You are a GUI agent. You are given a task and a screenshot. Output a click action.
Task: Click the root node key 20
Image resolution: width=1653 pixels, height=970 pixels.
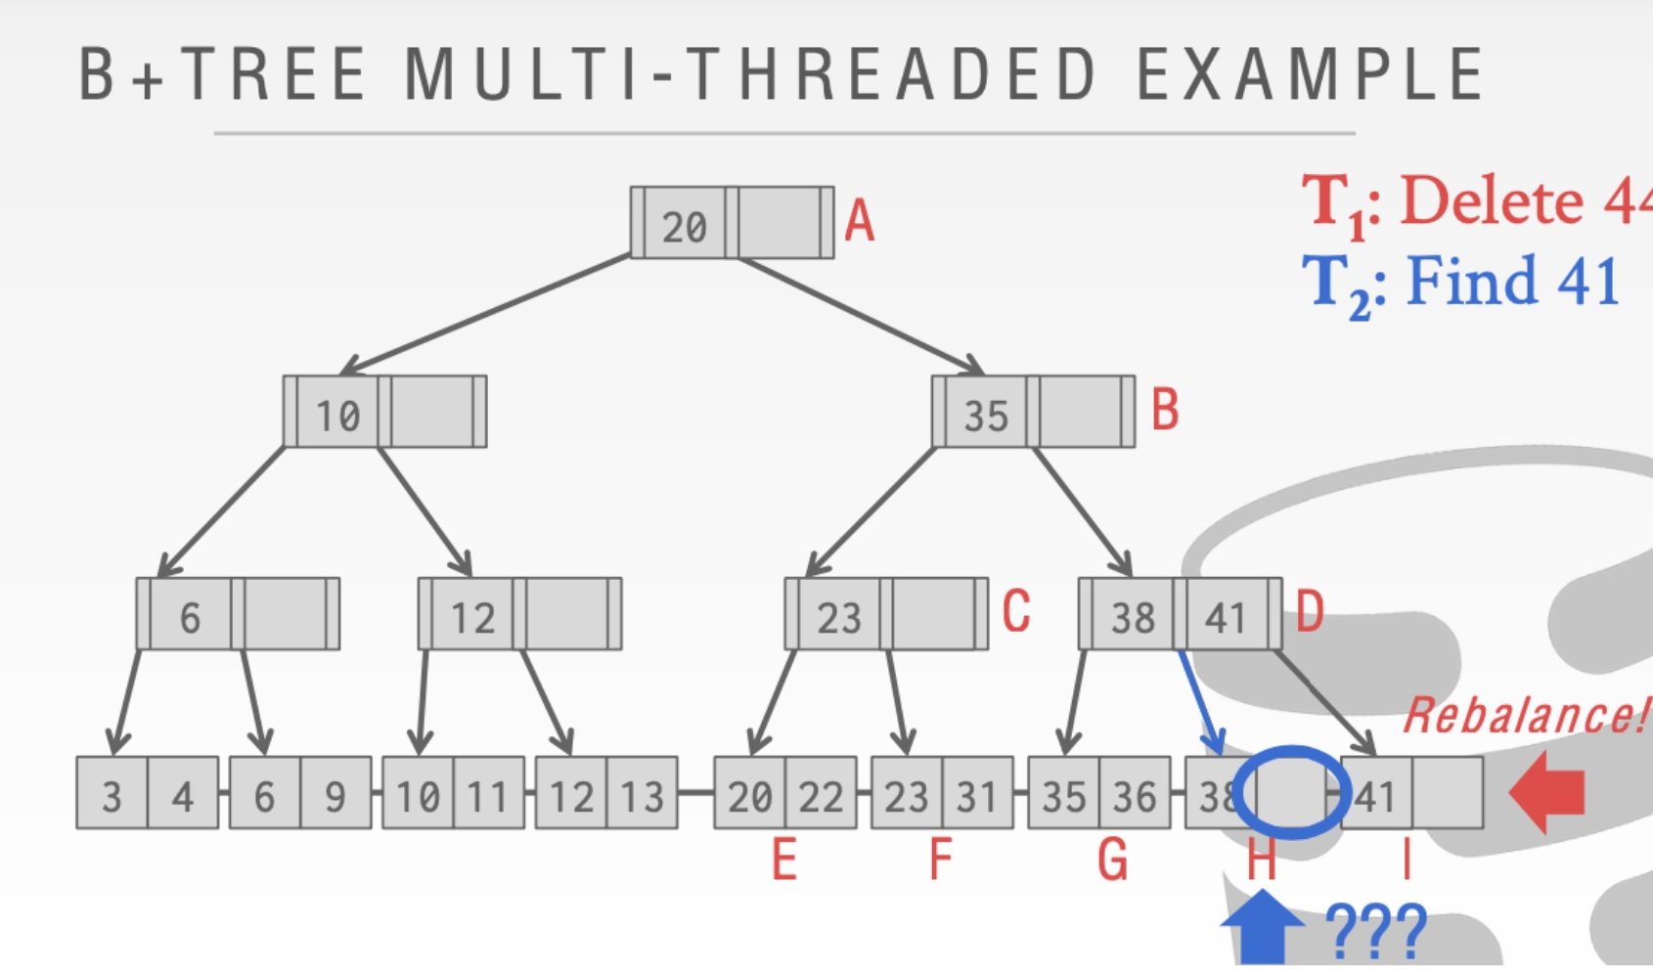click(684, 227)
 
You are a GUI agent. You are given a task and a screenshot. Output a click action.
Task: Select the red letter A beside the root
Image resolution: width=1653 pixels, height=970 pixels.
click(860, 220)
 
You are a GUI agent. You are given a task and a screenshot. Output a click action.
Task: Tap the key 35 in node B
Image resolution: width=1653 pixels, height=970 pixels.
click(985, 416)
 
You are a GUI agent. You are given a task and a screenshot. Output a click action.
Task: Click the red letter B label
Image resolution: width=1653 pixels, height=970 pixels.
click(1165, 410)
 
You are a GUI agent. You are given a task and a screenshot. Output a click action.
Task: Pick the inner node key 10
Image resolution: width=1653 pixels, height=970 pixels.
click(337, 416)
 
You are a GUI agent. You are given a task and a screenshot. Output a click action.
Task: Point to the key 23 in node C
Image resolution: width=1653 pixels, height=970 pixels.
click(839, 617)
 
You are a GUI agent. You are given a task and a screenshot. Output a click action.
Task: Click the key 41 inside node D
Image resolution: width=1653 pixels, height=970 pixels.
click(1226, 617)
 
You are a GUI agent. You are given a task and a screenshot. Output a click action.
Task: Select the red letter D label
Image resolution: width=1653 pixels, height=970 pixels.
click(1310, 612)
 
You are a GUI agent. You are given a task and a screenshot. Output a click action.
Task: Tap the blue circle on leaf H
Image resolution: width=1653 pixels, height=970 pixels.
click(1291, 792)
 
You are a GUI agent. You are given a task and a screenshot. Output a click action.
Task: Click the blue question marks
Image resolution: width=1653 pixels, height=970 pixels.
click(1376, 932)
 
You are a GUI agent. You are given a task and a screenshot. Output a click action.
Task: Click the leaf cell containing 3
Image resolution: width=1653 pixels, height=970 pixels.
click(112, 796)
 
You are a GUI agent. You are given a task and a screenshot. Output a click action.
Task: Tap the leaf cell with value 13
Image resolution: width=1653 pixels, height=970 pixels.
click(642, 796)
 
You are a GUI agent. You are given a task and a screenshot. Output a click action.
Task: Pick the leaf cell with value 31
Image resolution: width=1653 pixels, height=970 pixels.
click(976, 796)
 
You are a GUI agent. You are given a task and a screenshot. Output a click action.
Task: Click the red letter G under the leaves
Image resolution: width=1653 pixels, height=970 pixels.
click(1112, 860)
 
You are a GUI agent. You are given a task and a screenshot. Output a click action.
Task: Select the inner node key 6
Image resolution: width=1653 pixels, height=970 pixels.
click(190, 617)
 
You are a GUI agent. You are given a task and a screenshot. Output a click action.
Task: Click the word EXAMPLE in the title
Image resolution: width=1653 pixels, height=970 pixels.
click(1310, 74)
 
